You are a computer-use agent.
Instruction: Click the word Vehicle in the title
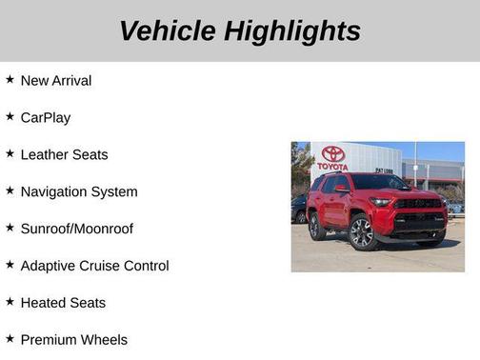[168, 31]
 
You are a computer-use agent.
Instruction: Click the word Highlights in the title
[292, 31]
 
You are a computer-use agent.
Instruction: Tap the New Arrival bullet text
[56, 81]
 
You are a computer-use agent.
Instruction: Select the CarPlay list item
[46, 118]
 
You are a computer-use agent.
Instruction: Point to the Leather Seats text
[64, 155]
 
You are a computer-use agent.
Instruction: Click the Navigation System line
[79, 192]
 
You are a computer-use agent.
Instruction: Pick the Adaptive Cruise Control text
[94, 267]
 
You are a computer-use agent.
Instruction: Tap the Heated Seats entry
[63, 304]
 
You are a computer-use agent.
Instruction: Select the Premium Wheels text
[73, 340]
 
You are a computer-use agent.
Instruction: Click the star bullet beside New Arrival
[10, 80]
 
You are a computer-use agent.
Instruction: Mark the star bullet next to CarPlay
[10, 117]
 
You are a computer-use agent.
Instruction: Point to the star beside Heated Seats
[10, 303]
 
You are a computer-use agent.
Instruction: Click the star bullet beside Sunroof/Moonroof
[10, 229]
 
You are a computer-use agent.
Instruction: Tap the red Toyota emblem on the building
[332, 153]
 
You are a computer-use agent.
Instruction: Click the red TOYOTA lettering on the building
[332, 167]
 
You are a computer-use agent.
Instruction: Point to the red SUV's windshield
[378, 183]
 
